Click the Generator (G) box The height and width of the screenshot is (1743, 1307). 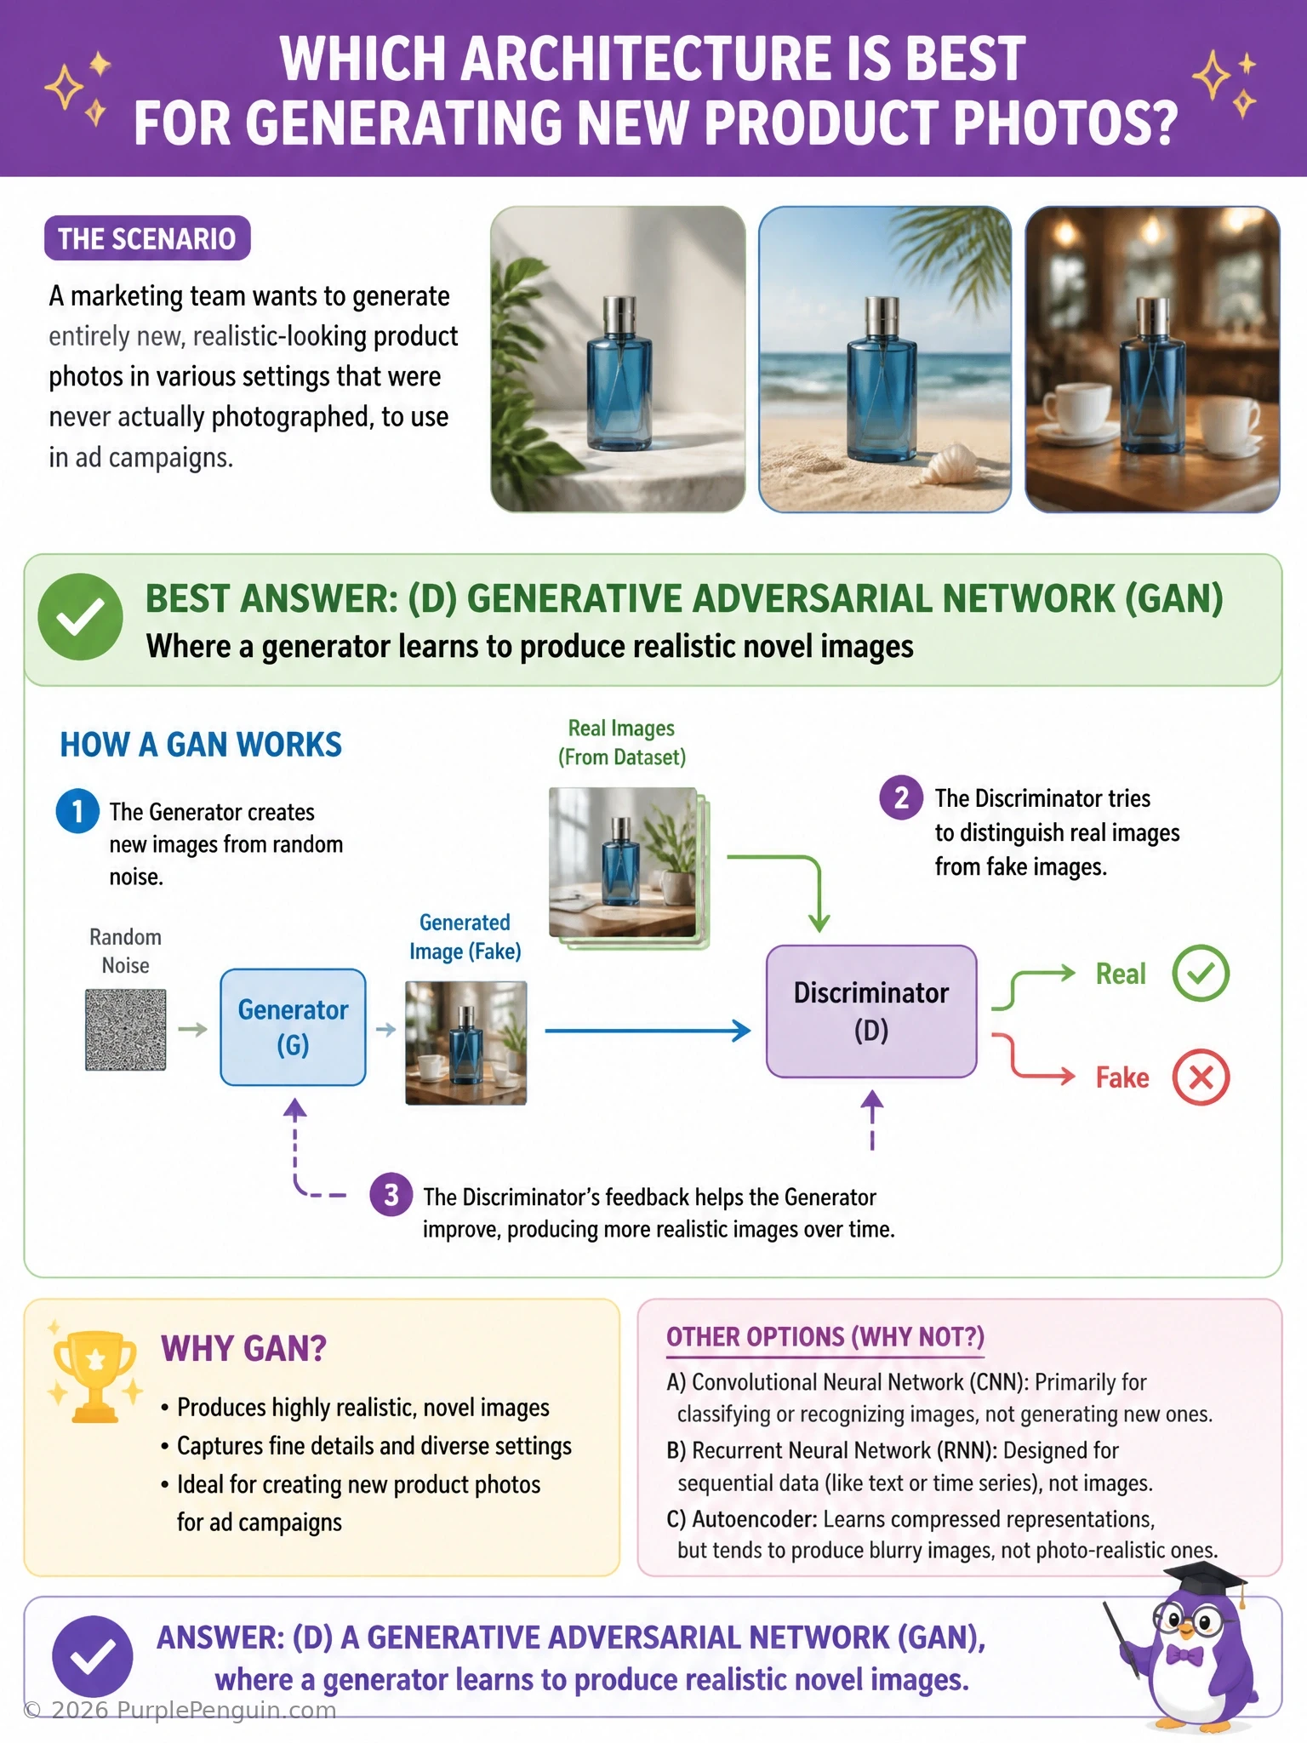coord(293,1026)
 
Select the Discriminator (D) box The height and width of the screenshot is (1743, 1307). coord(871,1011)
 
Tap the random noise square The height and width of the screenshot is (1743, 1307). coord(126,1029)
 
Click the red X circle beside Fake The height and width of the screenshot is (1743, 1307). coord(1201,1077)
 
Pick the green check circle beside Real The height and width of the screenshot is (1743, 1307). coord(1201,973)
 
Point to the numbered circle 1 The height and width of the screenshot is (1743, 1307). coord(77,811)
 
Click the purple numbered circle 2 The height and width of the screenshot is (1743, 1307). coord(901,797)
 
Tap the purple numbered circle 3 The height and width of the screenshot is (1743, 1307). coord(391,1195)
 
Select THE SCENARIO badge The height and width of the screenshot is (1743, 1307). coord(147,238)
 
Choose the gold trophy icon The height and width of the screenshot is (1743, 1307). coord(95,1375)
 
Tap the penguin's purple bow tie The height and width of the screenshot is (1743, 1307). coord(1184,1655)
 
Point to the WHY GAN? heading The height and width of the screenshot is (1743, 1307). coord(243,1349)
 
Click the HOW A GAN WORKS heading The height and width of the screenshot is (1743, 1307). coord(201,745)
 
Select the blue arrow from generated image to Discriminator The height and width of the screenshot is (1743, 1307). coord(648,1031)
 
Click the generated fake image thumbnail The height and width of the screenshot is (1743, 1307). coord(465,1043)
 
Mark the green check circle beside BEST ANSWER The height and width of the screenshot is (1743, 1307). coord(81,617)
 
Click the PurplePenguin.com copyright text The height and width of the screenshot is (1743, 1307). coord(180,1710)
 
